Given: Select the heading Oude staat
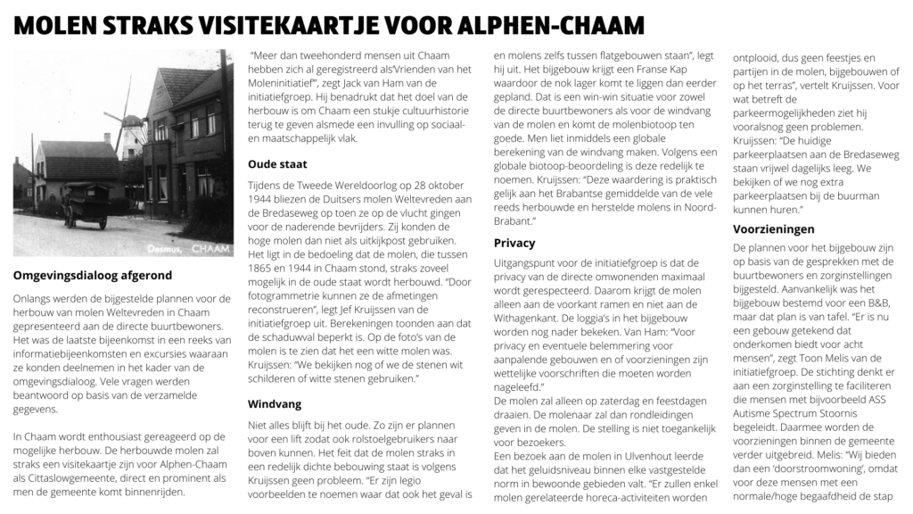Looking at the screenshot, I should point(277,164).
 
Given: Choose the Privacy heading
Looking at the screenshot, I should point(514,243).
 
